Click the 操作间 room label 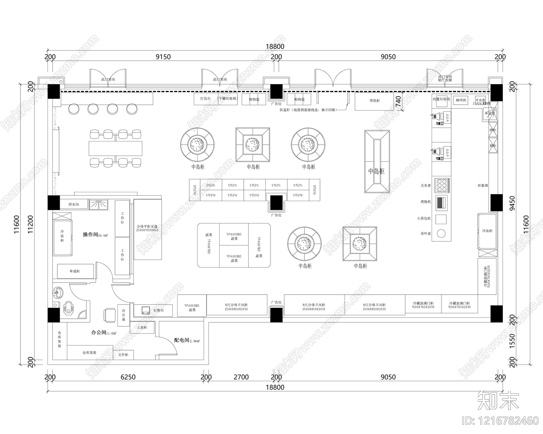(91, 234)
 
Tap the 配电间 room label (182, 340)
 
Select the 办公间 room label (99, 333)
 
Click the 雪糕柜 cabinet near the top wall (375, 101)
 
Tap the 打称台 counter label (158, 310)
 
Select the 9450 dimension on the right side (512, 203)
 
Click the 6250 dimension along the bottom (128, 377)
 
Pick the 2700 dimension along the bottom (241, 377)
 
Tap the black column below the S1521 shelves (276, 203)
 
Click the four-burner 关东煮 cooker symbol (442, 185)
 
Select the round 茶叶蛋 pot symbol (441, 233)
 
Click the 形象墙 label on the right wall (482, 185)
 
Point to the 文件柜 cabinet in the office (123, 355)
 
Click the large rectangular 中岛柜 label (376, 171)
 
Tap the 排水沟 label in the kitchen (74, 204)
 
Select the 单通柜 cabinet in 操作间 (75, 271)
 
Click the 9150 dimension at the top (163, 57)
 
